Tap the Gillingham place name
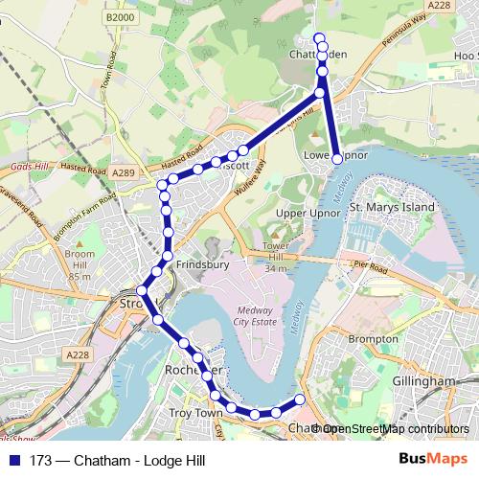pyautogui.click(x=423, y=381)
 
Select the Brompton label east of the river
pyautogui.click(x=373, y=339)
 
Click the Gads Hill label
pyautogui.click(x=28, y=166)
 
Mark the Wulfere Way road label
pyautogui.click(x=247, y=179)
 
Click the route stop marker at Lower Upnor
pyautogui.click(x=337, y=158)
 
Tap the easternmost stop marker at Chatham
pyautogui.click(x=300, y=399)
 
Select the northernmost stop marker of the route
pyautogui.click(x=320, y=37)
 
